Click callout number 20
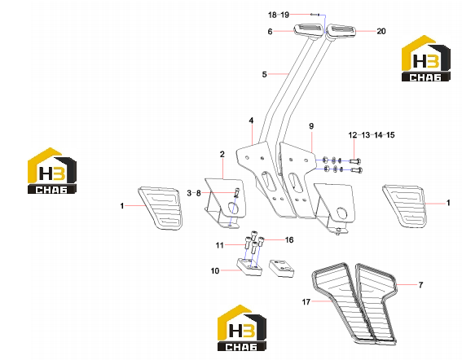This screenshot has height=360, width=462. point(381,31)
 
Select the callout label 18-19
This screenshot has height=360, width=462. point(279,15)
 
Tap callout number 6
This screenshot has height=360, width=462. point(270,32)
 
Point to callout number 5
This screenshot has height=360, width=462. point(264,75)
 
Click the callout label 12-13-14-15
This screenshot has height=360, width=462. point(372,135)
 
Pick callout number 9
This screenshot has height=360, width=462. point(311,126)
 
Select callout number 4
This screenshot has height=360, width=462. point(251,121)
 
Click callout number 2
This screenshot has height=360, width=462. point(222,154)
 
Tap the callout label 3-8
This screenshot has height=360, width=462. point(194,193)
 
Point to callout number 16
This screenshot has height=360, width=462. point(289,240)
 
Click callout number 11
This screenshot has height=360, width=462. point(219,245)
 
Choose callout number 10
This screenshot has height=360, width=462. point(215,270)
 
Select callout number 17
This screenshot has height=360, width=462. point(306,301)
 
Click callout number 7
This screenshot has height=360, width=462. point(420,285)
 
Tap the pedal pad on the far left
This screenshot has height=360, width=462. point(160,208)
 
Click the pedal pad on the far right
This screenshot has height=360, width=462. point(405,206)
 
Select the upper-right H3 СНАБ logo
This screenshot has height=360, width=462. point(426,59)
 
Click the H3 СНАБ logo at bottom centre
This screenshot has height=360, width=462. point(242,328)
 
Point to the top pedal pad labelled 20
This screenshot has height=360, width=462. point(341,32)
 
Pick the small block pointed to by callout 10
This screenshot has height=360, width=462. point(249,267)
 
